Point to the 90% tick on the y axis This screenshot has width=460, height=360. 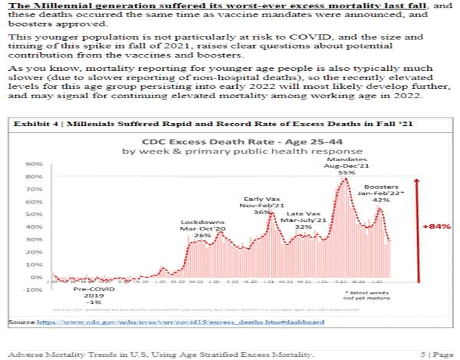(x=36, y=164)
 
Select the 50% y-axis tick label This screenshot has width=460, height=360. (x=36, y=214)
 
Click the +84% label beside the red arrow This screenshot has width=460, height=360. (x=437, y=226)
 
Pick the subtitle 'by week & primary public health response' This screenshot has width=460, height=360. (x=242, y=151)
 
